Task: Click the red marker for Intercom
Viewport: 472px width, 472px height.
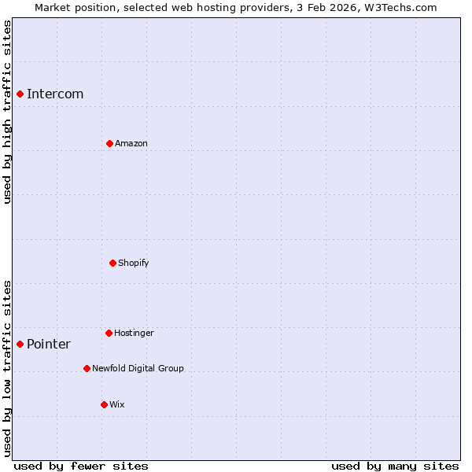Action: tap(20, 94)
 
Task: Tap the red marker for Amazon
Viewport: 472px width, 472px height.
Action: tap(109, 143)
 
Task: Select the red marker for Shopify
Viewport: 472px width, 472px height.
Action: tap(112, 263)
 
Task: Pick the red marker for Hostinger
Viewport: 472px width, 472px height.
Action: tap(109, 333)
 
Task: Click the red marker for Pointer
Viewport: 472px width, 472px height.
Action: tap(20, 344)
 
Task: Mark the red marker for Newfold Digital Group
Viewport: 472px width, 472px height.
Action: tap(87, 368)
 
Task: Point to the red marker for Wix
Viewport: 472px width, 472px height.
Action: tap(104, 404)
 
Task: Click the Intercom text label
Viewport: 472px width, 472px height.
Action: tap(55, 94)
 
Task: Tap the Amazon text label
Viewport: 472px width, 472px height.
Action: tap(131, 143)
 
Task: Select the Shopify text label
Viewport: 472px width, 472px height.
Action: tap(134, 263)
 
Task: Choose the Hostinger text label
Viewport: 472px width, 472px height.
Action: tap(134, 333)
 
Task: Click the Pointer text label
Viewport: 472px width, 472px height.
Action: tap(49, 344)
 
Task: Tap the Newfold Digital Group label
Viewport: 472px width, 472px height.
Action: tap(138, 368)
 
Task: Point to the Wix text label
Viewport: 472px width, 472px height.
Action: tap(117, 404)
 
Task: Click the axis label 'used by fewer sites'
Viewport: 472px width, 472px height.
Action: tap(81, 466)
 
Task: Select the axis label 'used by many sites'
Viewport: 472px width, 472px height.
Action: tap(395, 466)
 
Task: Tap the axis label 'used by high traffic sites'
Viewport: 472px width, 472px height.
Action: tap(7, 112)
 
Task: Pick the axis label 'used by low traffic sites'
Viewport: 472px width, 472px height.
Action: tap(7, 367)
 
